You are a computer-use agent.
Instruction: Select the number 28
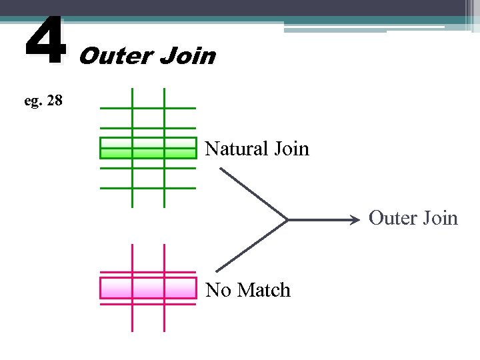click(55, 101)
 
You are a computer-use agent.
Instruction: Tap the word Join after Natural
click(291, 148)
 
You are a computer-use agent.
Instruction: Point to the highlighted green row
click(148, 148)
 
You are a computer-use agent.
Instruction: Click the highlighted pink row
click(148, 288)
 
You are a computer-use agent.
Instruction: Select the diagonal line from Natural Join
click(253, 193)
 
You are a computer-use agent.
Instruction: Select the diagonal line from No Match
click(253, 244)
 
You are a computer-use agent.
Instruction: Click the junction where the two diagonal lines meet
click(287, 219)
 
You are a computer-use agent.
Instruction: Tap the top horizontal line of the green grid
click(148, 107)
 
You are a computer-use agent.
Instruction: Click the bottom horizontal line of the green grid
click(148, 187)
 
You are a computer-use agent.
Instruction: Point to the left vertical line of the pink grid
click(133, 320)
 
